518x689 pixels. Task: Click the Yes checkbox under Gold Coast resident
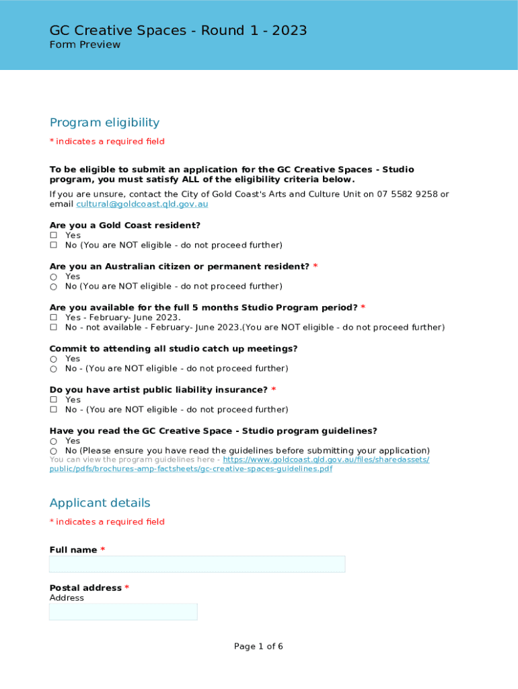pos(54,235)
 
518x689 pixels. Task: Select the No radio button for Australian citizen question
pos(54,287)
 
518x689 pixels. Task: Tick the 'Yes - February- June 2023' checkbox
pos(54,318)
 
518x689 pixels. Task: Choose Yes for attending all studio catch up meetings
pos(54,359)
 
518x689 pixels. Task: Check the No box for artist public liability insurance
pos(54,410)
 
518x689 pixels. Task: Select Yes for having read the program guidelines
pos(54,441)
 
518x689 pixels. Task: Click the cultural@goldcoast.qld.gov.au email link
pos(142,204)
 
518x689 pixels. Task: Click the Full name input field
pos(197,564)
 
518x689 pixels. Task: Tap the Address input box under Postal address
pos(123,612)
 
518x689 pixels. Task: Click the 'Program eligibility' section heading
pos(104,122)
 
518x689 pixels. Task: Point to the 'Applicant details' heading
pos(100,503)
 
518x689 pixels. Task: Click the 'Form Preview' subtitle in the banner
pos(85,45)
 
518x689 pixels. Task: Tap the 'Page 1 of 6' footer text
pos(258,647)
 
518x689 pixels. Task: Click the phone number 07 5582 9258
pos(407,194)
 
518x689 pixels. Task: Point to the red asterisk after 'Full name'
pos(103,550)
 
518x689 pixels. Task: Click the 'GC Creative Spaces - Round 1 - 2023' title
pos(178,30)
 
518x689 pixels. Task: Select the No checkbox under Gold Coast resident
pos(54,246)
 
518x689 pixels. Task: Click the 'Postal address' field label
pos(85,588)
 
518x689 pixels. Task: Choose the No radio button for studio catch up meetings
pos(54,369)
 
